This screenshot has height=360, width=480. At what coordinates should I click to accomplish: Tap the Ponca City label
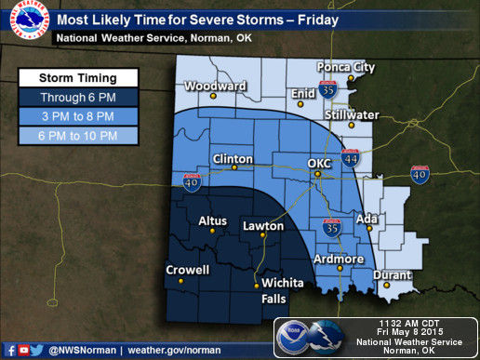point(347,67)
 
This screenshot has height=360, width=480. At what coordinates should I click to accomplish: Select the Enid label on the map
point(304,94)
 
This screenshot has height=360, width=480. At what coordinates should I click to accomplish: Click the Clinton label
point(233,158)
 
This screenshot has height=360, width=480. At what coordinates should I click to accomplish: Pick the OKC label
point(319,162)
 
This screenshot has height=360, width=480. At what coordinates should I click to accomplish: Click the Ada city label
point(366,220)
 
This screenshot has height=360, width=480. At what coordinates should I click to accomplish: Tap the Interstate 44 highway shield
point(351,159)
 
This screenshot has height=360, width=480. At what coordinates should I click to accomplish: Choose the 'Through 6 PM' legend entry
point(78,96)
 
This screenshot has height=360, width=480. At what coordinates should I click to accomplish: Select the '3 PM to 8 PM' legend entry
point(78,116)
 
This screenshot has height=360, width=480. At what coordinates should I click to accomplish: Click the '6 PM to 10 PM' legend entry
point(78,136)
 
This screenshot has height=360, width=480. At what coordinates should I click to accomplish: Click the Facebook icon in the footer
point(9,350)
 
